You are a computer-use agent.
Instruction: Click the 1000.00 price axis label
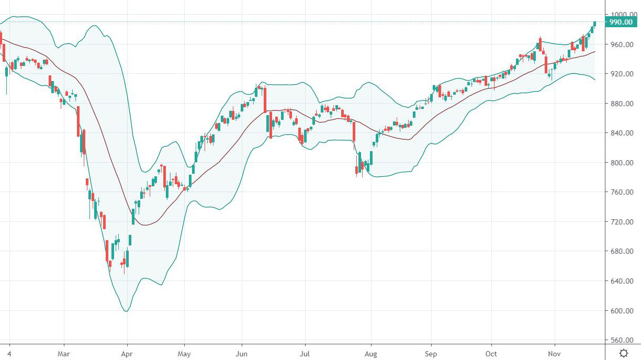tap(622, 15)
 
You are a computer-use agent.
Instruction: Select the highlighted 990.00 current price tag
tap(622, 22)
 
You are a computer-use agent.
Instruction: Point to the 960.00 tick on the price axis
tap(622, 44)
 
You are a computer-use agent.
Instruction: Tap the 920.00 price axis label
tap(622, 74)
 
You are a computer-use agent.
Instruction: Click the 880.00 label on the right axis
tap(622, 104)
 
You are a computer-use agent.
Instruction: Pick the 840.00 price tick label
tap(622, 133)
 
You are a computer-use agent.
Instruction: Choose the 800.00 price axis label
tap(622, 163)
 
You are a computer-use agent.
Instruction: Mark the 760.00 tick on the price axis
tap(622, 192)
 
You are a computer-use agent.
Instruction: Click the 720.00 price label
tap(622, 222)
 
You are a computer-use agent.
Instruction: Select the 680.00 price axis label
tap(622, 252)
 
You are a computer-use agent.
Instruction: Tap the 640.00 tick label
tap(622, 281)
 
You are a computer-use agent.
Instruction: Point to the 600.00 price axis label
tap(622, 311)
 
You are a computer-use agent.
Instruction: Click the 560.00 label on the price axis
tap(622, 340)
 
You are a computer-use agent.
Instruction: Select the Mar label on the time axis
tap(63, 353)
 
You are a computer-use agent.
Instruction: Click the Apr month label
tap(127, 353)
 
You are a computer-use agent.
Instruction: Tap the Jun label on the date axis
tap(242, 353)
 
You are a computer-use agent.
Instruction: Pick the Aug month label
tap(370, 353)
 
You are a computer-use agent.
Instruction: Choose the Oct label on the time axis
tap(491, 353)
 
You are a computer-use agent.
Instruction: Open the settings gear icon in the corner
tap(624, 353)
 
